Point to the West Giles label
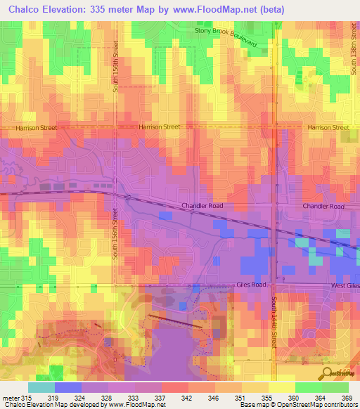tap(345, 286)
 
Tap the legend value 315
tap(25, 398)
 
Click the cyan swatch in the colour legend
tap(41, 387)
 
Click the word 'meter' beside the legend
tap(10, 398)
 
